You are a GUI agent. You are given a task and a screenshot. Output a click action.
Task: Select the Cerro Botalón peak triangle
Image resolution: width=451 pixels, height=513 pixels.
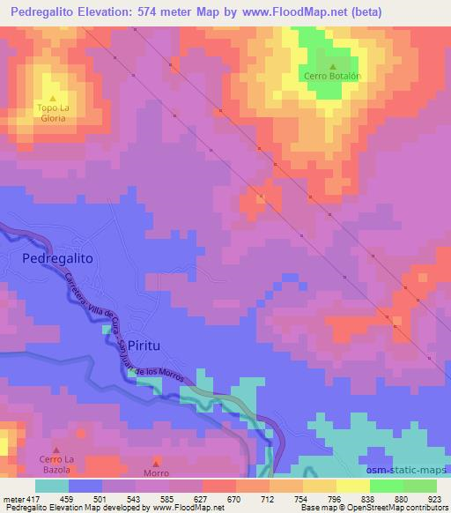point(333,67)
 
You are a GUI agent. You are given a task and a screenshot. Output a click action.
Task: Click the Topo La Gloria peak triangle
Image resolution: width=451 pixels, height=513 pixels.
point(53,98)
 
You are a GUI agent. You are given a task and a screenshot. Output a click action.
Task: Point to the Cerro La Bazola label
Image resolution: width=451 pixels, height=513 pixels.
point(57,464)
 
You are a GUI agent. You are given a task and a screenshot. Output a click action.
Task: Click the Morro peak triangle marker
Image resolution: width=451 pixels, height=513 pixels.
point(157,462)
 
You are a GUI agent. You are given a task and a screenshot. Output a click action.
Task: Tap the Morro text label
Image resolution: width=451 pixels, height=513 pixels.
point(157,473)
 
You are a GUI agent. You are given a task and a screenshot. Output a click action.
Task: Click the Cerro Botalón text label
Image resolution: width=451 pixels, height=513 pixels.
point(333,78)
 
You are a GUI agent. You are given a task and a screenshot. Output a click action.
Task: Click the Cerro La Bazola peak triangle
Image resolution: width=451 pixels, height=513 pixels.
point(57,450)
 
